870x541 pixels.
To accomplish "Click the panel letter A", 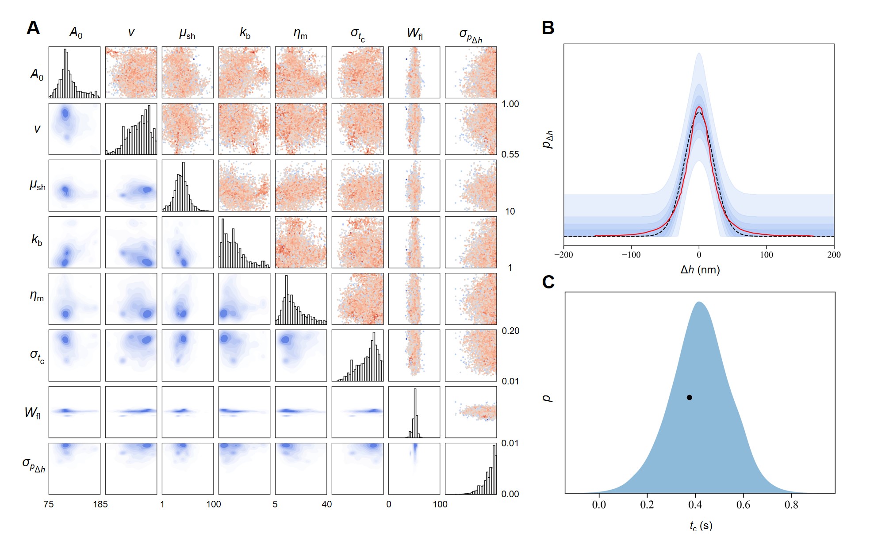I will [x=33, y=28].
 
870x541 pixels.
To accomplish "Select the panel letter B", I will [x=548, y=28].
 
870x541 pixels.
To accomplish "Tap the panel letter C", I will [x=548, y=282].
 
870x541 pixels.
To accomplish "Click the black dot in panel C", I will [x=689, y=397].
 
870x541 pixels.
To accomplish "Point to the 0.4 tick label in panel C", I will [x=695, y=505].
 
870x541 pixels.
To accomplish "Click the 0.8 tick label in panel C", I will [x=791, y=505].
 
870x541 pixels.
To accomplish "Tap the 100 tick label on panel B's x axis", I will [x=767, y=255].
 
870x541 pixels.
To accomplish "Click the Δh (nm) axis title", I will [x=700, y=270].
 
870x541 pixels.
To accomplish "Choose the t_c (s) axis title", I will [x=701, y=526].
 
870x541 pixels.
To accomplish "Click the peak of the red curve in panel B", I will [x=699, y=107].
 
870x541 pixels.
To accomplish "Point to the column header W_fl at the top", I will [x=414, y=33].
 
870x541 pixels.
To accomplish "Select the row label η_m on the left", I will [x=37, y=296].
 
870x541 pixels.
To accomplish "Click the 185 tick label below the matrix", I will [x=100, y=504].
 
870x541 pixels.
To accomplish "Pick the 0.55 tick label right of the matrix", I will [x=510, y=154].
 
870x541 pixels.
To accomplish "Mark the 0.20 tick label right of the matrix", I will [x=510, y=331].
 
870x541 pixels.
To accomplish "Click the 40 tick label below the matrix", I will [x=326, y=504].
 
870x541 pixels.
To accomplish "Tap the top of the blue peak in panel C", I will [x=699, y=302].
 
